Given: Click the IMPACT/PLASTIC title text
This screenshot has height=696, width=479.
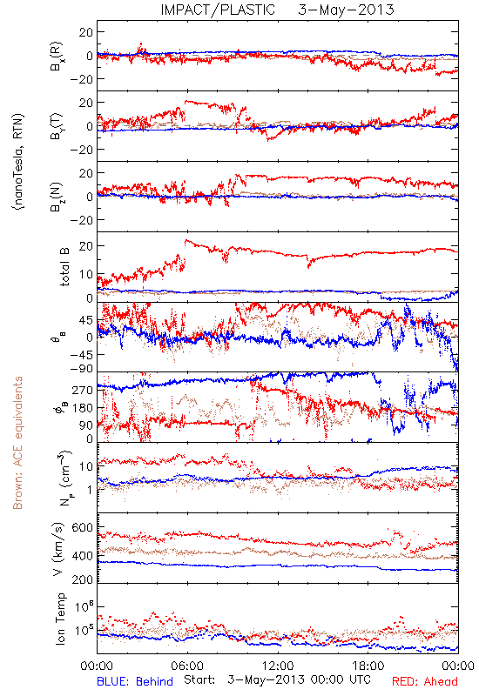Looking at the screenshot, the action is tap(218, 10).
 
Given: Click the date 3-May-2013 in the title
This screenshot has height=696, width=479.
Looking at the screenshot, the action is tap(346, 10).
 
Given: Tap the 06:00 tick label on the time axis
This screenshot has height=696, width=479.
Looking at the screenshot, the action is tap(187, 666).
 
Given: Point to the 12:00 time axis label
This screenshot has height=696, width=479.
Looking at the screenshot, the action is tap(278, 666).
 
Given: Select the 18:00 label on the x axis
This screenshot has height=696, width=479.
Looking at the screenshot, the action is tap(368, 666).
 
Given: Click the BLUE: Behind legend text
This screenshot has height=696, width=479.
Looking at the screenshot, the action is tap(135, 681).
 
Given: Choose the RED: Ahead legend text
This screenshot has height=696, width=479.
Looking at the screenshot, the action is tap(425, 681).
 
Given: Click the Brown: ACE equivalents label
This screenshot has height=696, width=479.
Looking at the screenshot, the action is tap(17, 443).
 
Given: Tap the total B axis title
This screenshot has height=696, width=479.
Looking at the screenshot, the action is tap(64, 267).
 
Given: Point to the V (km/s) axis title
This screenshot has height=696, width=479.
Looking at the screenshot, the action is tap(59, 549).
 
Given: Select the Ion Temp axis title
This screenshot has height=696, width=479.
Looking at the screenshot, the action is tap(61, 619).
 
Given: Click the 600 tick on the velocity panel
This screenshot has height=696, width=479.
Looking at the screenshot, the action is tap(83, 527).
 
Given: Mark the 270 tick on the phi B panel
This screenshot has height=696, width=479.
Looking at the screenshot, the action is tap(83, 390).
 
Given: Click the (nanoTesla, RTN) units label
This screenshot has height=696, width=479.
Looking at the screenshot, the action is tap(18, 162).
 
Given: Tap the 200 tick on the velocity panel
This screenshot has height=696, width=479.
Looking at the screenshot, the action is tap(83, 579).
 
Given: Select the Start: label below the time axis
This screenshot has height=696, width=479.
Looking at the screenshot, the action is tap(199, 680).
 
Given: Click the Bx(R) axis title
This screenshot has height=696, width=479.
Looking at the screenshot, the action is tap(57, 57).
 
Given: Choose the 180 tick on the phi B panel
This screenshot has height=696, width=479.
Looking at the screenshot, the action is tap(83, 408).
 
